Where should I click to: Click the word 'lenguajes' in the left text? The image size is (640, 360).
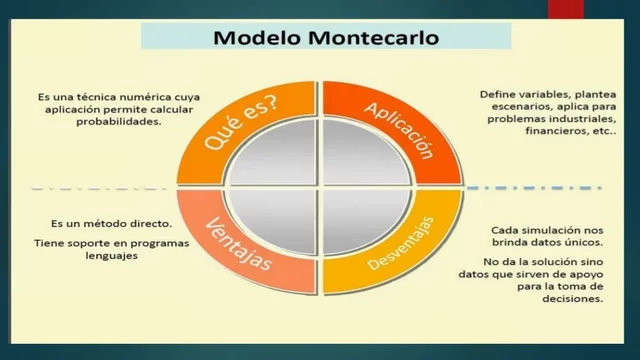pyautogui.click(x=111, y=255)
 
